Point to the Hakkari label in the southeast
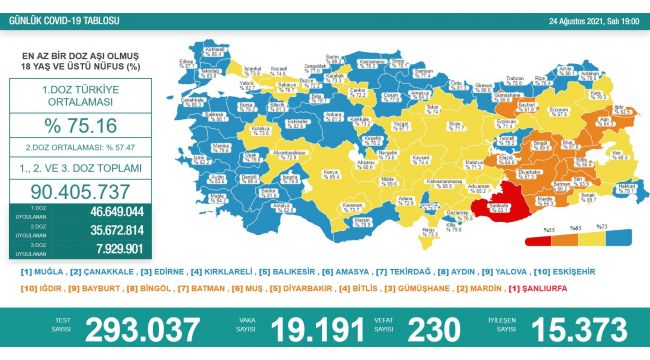626,187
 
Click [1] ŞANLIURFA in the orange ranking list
541,289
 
